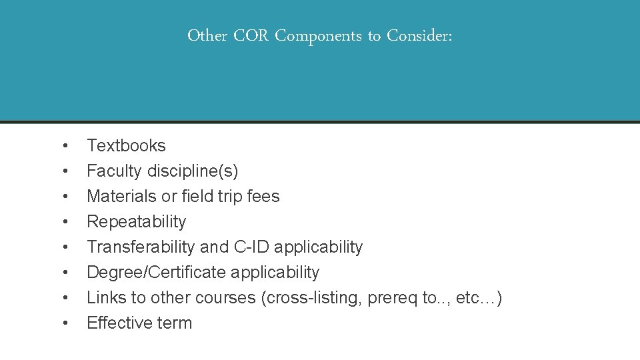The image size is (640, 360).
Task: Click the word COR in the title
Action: pos(251,36)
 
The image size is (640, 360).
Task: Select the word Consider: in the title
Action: pos(420,36)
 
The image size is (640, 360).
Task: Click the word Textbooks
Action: pos(126,145)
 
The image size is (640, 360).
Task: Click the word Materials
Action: pos(117,196)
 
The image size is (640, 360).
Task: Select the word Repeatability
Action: pos(137,221)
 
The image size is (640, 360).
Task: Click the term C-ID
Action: pos(251,247)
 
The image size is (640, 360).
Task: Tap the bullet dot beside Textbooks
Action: pos(65,146)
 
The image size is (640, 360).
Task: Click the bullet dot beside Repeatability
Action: pos(65,222)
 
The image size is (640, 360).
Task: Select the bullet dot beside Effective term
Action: pos(65,323)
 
